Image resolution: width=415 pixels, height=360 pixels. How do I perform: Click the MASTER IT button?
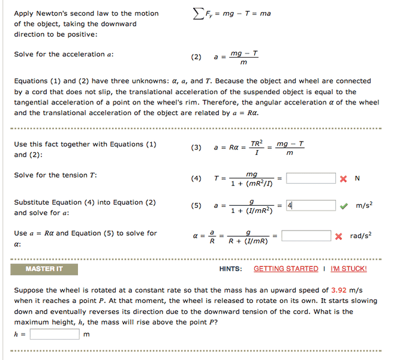44,269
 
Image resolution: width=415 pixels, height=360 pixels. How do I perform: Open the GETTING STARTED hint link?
286,269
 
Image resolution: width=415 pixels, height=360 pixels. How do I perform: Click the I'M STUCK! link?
348,269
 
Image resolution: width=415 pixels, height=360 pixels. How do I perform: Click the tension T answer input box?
311,178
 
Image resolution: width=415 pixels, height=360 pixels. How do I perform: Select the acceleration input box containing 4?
311,206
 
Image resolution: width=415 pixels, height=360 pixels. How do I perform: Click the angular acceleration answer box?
306,236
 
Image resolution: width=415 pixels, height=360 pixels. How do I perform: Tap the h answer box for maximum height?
55,334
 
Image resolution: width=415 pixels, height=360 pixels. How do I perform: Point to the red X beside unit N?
343,178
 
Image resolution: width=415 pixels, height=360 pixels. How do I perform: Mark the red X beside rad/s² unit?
339,236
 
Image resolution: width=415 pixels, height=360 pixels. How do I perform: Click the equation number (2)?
196,58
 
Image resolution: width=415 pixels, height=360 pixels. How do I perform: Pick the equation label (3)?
196,148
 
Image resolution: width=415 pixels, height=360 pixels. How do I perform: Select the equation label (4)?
196,179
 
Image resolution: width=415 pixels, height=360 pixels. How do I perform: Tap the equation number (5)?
196,206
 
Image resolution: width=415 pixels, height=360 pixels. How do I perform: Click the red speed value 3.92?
339,290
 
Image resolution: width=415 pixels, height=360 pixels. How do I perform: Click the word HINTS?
231,269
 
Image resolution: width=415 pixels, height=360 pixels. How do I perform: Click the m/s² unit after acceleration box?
364,206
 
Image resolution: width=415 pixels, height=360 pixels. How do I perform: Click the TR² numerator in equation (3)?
257,143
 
